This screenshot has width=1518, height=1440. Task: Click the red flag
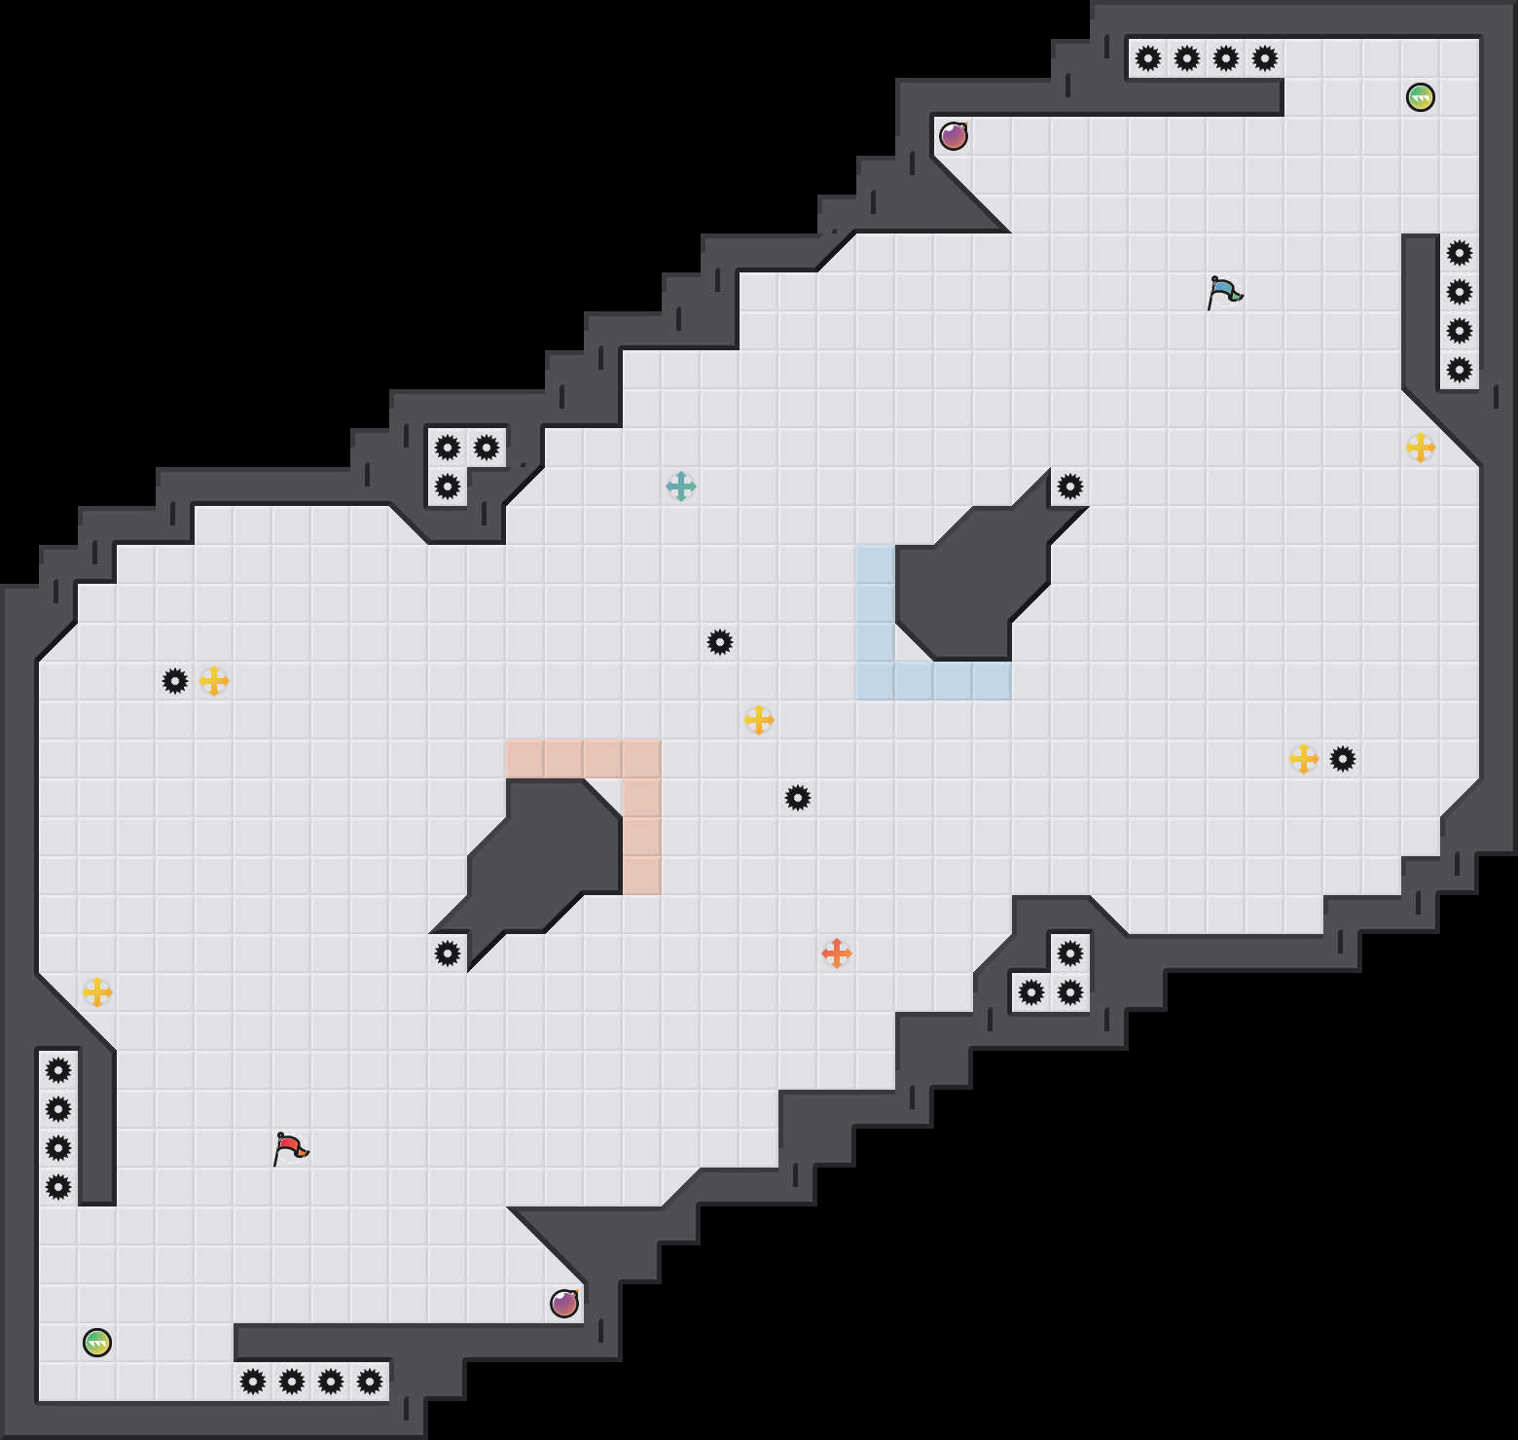pos(290,1149)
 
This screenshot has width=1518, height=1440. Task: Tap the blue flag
pos(1224,292)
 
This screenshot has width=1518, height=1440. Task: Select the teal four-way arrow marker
pos(681,486)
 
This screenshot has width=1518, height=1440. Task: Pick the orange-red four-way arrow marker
pos(837,954)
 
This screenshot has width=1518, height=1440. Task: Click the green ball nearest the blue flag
pos(1421,97)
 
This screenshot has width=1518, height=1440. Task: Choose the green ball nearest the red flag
pos(97,1343)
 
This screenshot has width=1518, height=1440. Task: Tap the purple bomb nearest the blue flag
pos(954,136)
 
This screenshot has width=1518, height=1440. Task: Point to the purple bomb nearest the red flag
pos(564,1304)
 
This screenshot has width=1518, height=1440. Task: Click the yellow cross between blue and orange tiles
pos(759,720)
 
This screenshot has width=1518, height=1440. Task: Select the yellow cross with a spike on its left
pos(214,681)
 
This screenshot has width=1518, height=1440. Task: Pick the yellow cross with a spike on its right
pos(1304,759)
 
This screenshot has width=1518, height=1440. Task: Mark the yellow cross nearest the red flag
pos(97,992)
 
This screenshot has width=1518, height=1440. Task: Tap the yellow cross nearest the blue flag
pos(1421,448)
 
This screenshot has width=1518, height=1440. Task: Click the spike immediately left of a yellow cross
pos(175,681)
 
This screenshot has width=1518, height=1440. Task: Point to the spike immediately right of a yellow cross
pos(1343,759)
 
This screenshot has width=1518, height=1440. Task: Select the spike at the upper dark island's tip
pos(1070,486)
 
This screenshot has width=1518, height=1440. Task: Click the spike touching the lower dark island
pos(448,954)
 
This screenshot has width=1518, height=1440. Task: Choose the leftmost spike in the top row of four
pos(1148,58)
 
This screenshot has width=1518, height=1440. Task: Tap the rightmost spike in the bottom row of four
pos(370,1382)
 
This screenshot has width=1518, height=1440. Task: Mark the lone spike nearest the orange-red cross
pos(798,798)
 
